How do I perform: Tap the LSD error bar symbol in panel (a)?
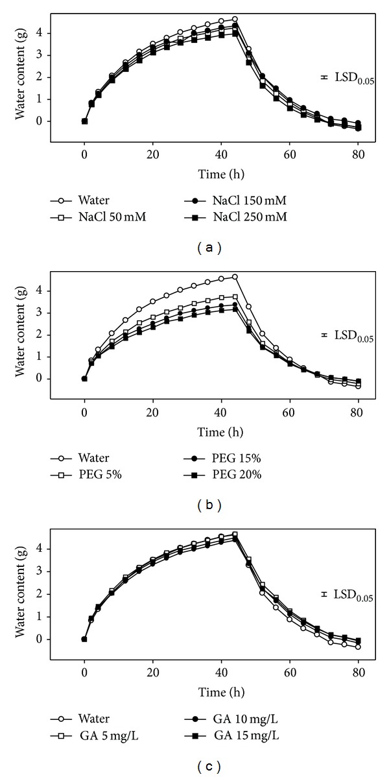click(324, 77)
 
